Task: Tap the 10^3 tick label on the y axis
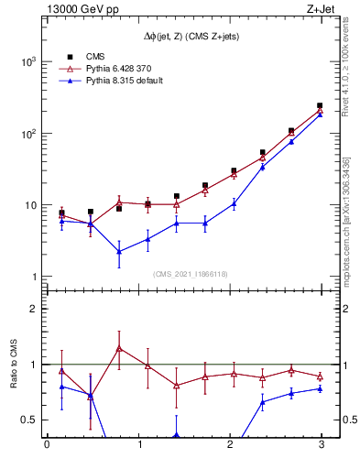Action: coord(27,61)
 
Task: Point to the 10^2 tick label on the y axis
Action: coord(27,134)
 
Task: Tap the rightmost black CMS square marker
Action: coord(320,105)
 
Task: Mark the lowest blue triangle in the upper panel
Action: coord(119,251)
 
